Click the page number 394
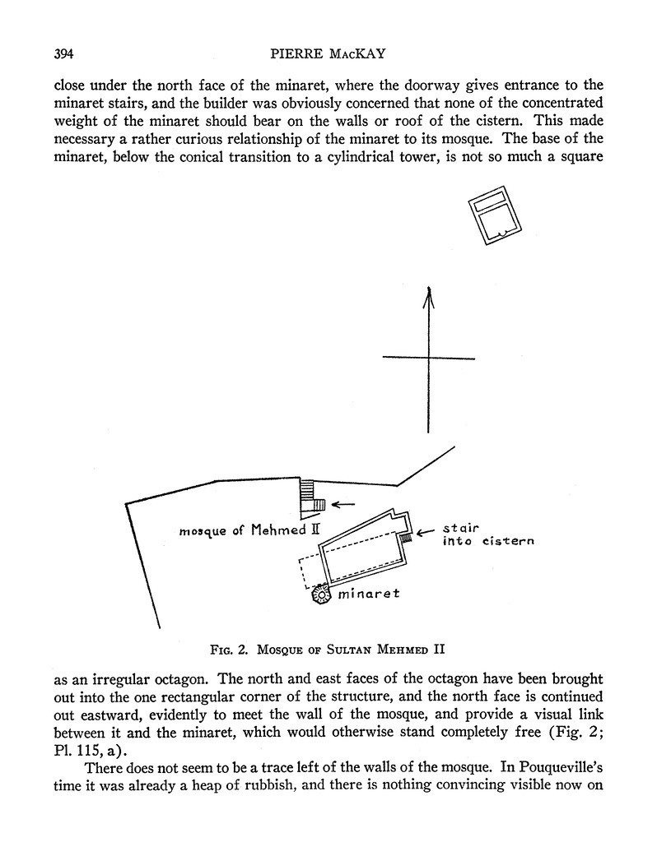coord(63,55)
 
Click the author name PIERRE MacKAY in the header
coord(328,55)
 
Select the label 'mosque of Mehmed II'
coord(249,530)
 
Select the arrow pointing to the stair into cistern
coord(425,534)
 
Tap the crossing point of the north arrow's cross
coord(428,358)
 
